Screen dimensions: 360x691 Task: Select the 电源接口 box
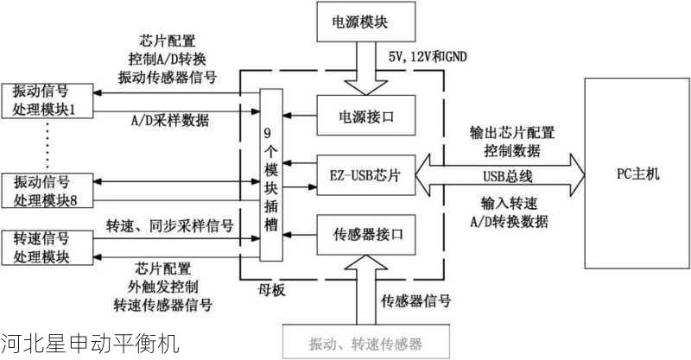pos(367,114)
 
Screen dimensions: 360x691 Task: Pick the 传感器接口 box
pos(367,234)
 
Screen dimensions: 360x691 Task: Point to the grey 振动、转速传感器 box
pos(366,344)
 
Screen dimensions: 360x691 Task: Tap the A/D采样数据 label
pos(169,120)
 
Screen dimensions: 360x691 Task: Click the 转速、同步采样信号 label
pos(169,226)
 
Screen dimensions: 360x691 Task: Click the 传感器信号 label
pos(415,300)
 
